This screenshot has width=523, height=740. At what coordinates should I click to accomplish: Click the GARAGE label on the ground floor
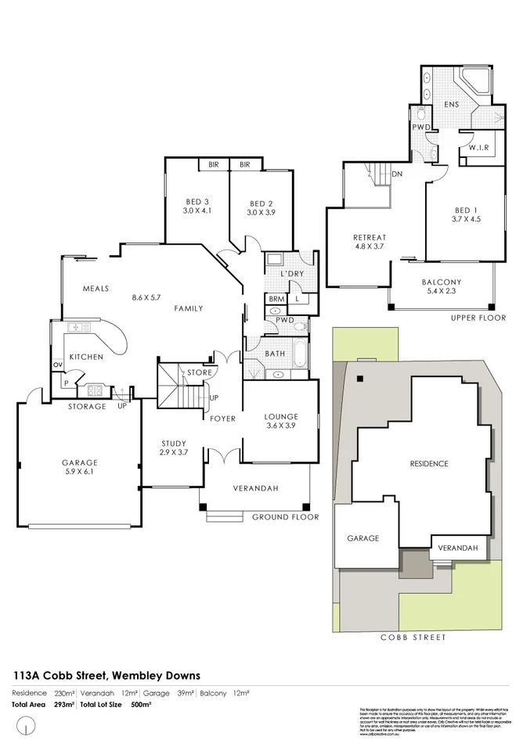click(x=78, y=462)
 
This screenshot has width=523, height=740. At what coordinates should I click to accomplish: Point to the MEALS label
click(x=95, y=289)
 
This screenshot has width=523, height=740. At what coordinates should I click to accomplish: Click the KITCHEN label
click(x=86, y=357)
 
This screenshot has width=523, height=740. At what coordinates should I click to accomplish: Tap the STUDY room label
click(x=174, y=444)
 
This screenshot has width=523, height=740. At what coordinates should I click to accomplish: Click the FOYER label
click(x=223, y=418)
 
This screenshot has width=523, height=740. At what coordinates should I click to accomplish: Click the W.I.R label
click(x=479, y=147)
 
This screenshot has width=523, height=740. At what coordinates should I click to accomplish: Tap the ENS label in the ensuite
click(x=452, y=105)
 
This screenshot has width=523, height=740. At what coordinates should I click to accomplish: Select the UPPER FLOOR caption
click(x=478, y=318)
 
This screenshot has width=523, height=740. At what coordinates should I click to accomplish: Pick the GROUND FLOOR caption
click(x=285, y=517)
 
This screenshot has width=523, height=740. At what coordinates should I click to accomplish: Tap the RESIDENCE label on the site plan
click(x=429, y=464)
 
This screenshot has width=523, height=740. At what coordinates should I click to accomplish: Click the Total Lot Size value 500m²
click(x=141, y=705)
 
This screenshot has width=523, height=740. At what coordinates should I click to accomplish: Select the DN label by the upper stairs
click(x=397, y=174)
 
